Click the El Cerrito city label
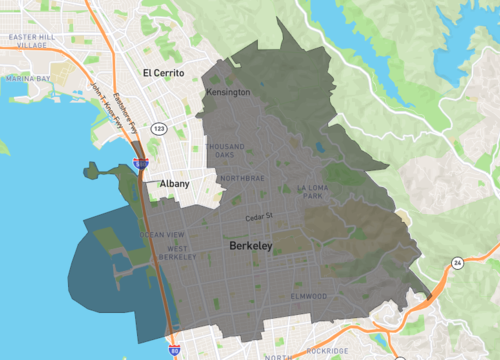point(164,73)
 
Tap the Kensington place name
point(229,93)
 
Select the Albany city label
point(174,184)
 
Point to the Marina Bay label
point(27,77)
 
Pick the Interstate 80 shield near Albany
point(140,161)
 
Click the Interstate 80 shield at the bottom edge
point(176,351)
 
